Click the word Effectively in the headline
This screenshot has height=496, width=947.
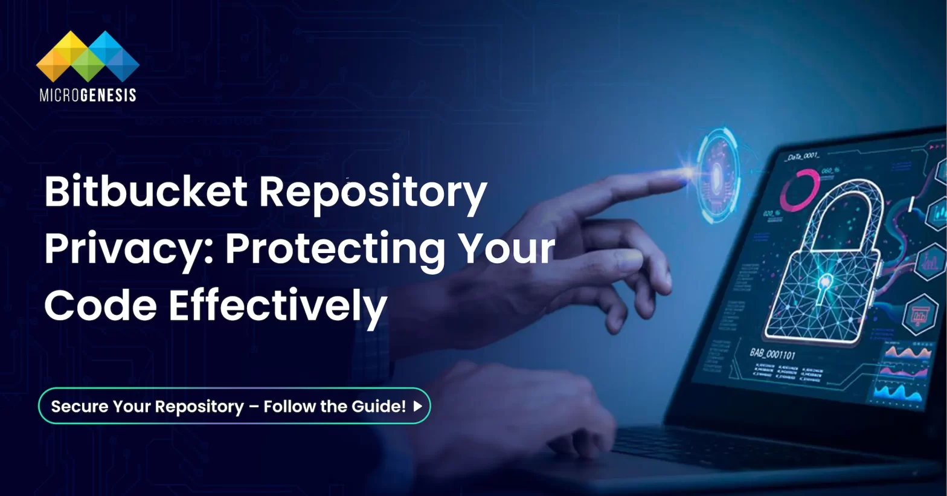tap(278, 306)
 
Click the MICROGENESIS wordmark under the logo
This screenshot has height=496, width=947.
tap(88, 95)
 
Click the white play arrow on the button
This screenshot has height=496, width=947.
tap(417, 407)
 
